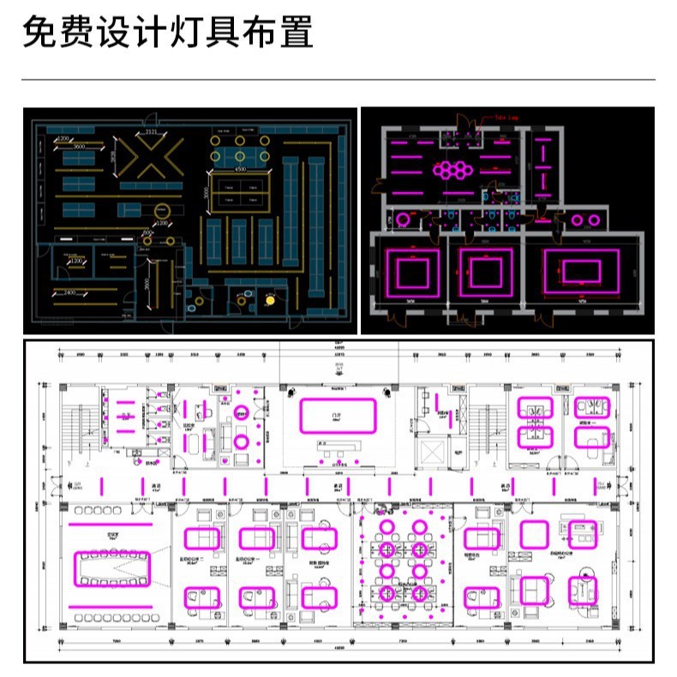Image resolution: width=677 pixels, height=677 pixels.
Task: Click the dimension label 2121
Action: click(151, 133)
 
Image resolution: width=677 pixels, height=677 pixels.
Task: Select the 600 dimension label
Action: click(147, 231)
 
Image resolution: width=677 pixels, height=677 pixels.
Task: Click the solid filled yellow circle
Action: click(271, 300)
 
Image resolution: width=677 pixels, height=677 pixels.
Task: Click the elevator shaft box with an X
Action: click(432, 449)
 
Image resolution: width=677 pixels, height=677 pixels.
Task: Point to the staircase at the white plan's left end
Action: click(80, 428)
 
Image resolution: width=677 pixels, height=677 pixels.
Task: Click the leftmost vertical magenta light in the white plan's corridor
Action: click(103, 487)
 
